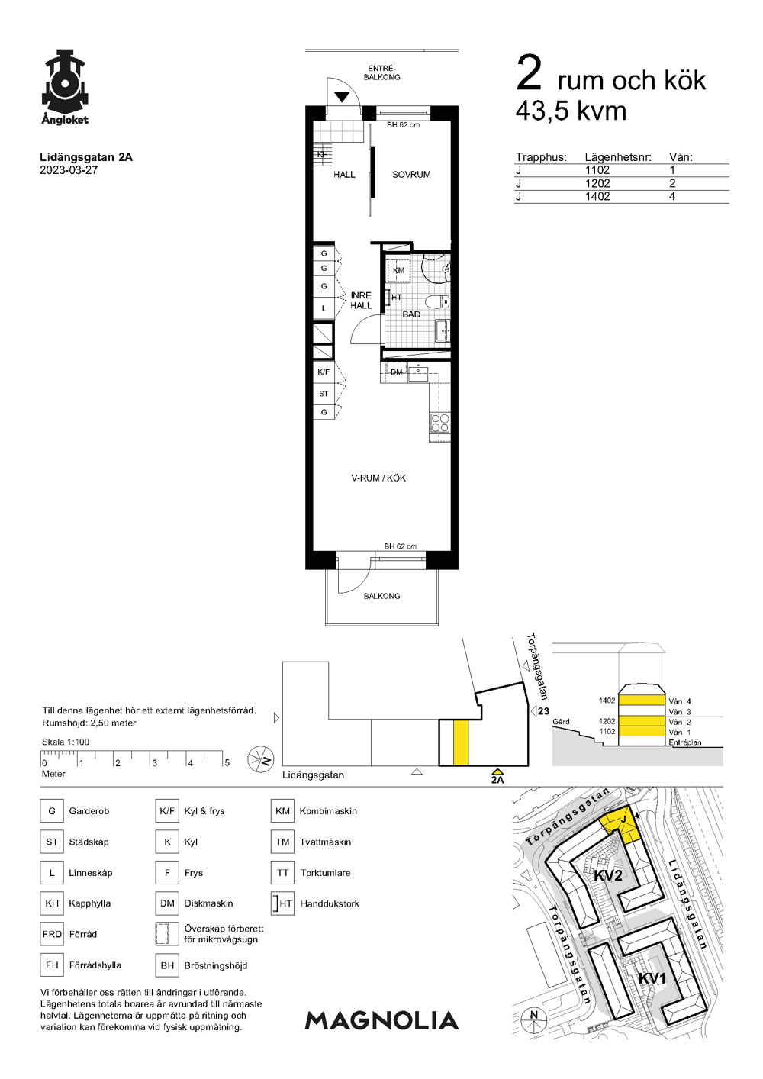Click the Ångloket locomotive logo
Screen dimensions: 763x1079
(x=65, y=87)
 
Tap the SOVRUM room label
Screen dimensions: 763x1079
(x=411, y=175)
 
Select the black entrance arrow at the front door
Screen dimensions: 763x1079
(x=342, y=98)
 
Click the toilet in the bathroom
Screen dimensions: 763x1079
(x=438, y=301)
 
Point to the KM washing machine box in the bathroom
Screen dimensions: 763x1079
(x=398, y=270)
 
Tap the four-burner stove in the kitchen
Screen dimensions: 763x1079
(x=440, y=423)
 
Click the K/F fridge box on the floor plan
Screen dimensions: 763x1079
(x=324, y=372)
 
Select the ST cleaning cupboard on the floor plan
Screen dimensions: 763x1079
(x=324, y=394)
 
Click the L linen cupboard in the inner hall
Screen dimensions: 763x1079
(x=324, y=308)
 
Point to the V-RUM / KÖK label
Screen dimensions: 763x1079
(x=378, y=478)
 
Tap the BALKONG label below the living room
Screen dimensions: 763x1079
(x=381, y=596)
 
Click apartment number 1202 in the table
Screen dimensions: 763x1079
(x=597, y=184)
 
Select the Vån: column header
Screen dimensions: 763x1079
(x=681, y=157)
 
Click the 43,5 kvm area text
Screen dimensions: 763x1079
(x=571, y=111)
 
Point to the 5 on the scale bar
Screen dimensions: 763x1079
(x=227, y=762)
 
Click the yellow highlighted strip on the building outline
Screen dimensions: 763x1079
(x=461, y=742)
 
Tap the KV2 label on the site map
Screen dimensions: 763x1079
(x=608, y=875)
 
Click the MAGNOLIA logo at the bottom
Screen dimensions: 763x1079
(x=381, y=1020)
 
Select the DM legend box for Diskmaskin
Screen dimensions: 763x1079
(x=167, y=903)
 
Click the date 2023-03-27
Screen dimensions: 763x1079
(x=69, y=170)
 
